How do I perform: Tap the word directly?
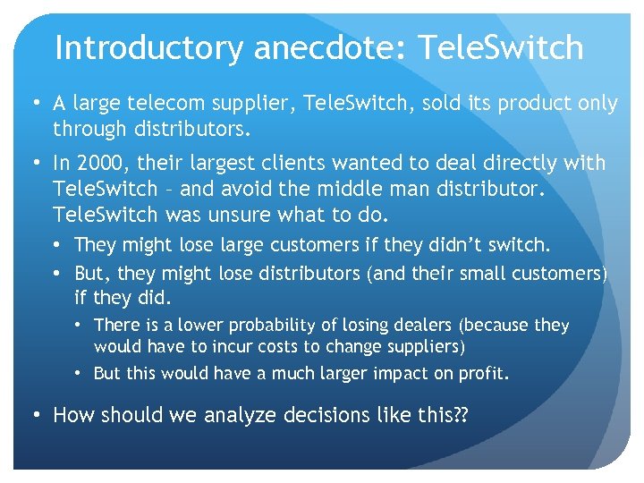pyautogui.click(x=520, y=164)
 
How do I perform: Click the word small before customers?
pyautogui.click(x=483, y=273)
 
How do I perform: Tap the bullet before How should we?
pyautogui.click(x=36, y=415)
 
